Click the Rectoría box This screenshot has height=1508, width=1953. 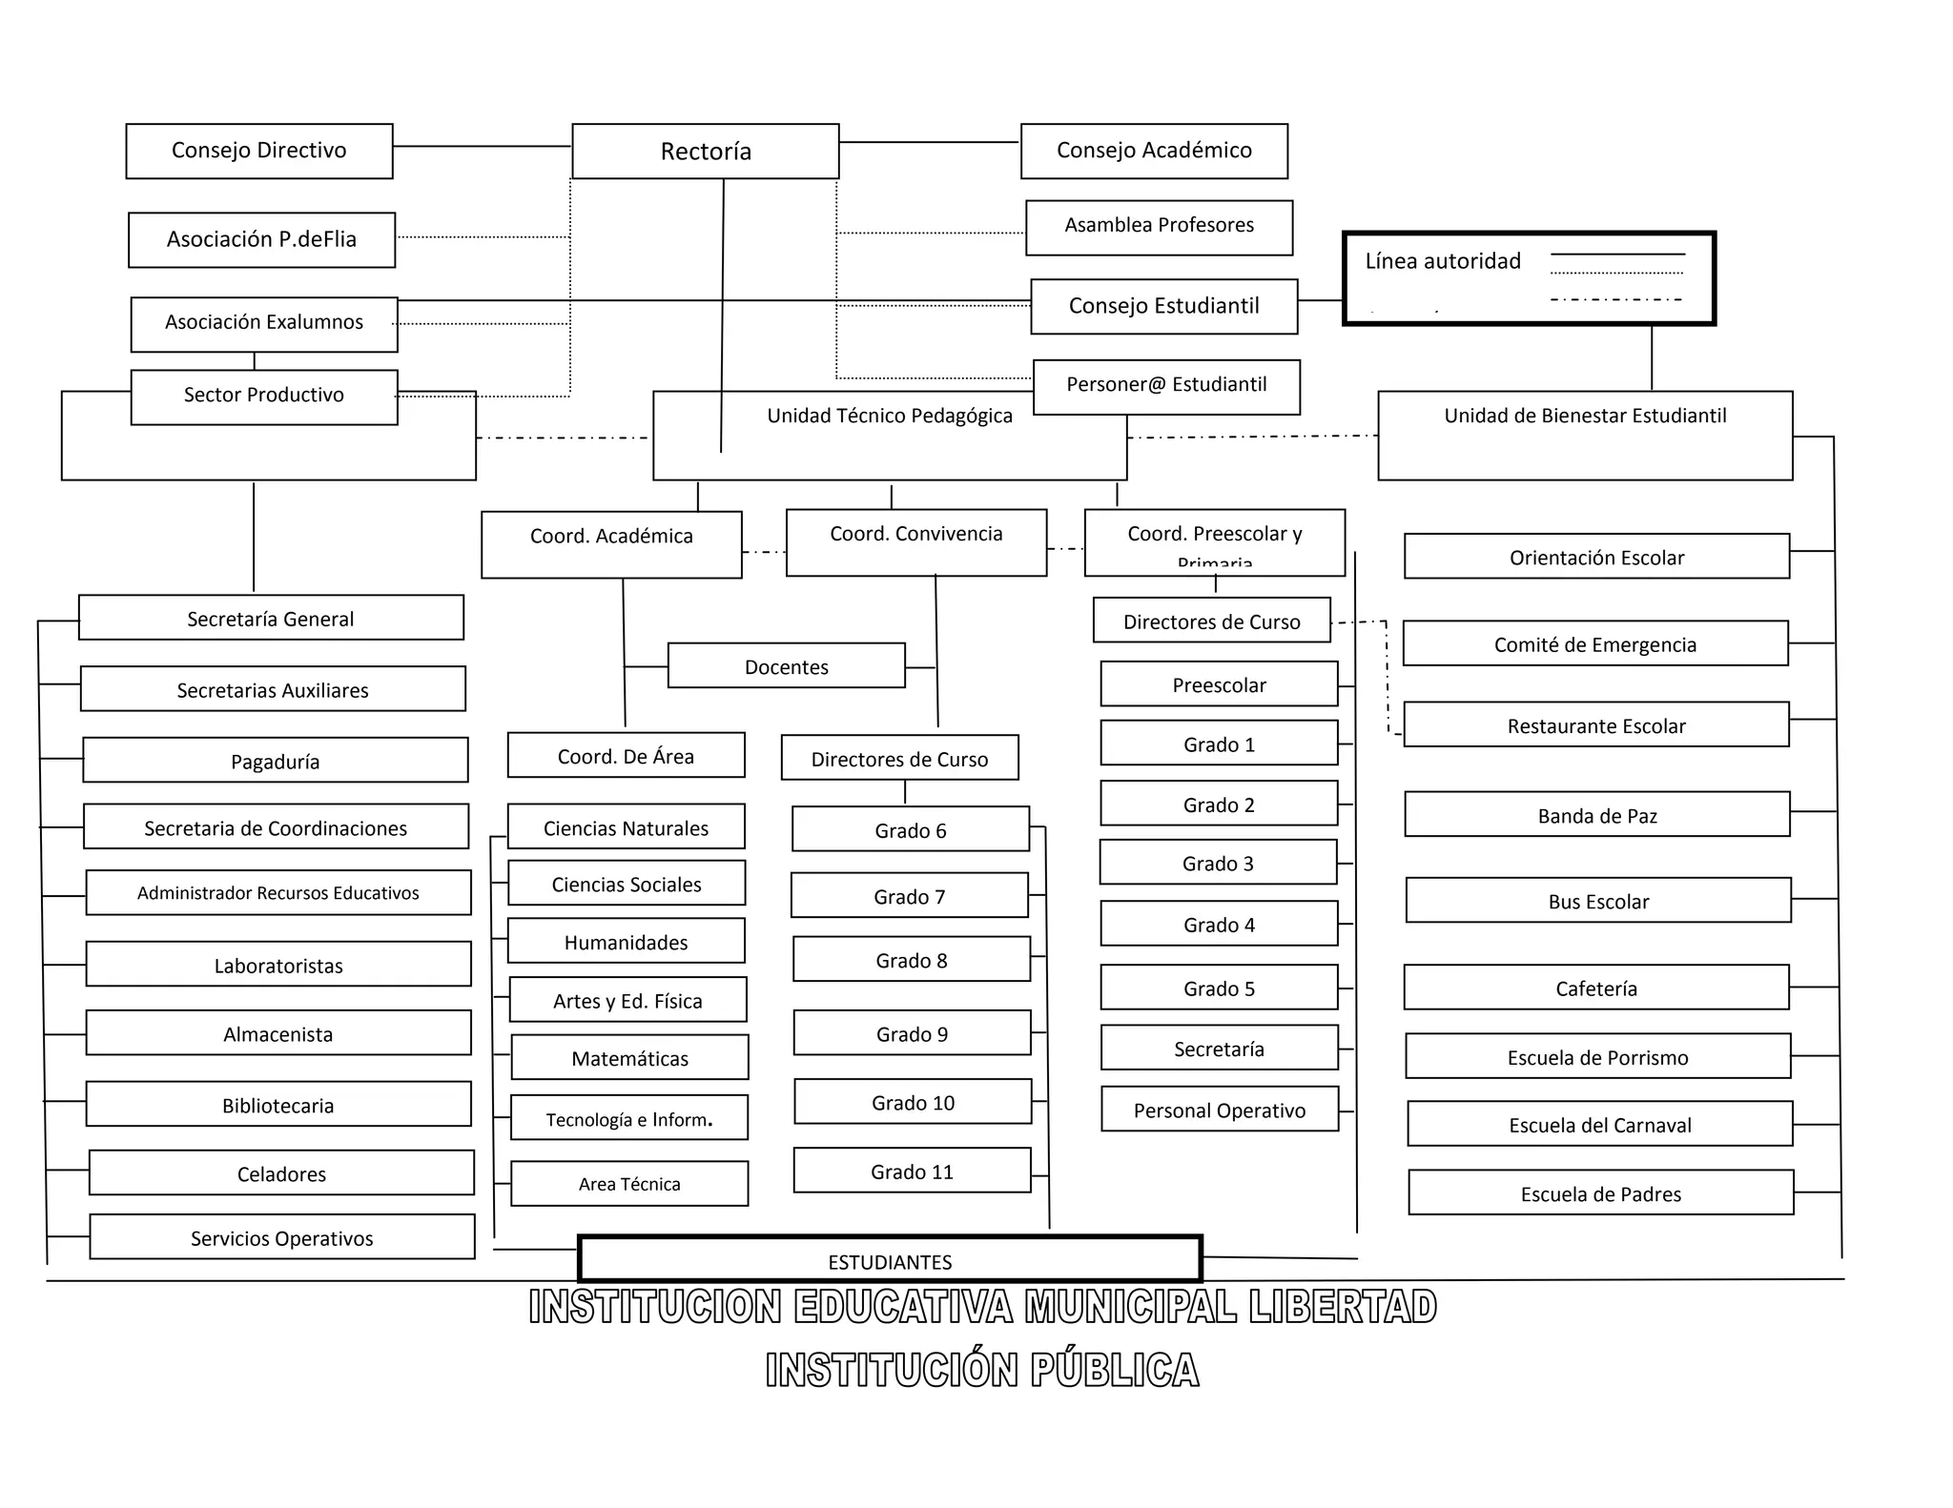706,151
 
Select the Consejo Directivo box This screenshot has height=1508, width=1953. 259,151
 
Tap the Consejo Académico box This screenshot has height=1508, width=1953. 1154,151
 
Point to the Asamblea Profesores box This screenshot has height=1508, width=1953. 1160,227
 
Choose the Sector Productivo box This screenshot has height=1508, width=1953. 264,397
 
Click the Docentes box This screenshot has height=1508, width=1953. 787,665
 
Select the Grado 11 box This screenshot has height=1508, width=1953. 913,1171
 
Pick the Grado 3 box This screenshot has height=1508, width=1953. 1219,863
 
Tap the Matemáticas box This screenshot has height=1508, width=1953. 630,1057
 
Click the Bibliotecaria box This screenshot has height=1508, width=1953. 278,1104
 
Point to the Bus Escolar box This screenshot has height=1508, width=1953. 1598,901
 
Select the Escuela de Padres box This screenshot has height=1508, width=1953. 1601,1192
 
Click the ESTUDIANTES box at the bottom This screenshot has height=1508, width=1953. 890,1260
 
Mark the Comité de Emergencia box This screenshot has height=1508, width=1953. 1595,643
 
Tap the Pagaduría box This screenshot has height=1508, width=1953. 276,760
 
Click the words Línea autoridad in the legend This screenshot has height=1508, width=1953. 1443,261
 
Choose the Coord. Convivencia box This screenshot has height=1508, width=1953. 916,542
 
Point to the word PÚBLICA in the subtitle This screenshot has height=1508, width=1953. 1115,1371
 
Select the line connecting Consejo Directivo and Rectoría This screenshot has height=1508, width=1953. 482,146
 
